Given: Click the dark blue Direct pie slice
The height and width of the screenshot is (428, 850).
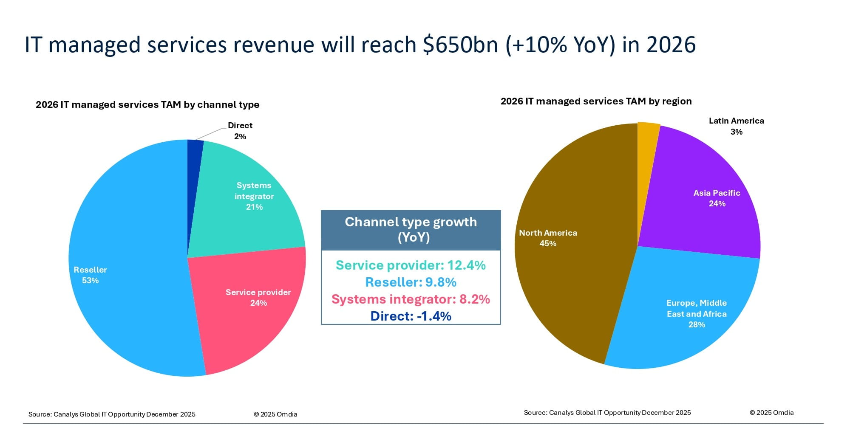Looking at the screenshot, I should [x=194, y=170].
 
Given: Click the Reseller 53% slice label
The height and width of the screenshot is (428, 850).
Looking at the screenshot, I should [x=90, y=275].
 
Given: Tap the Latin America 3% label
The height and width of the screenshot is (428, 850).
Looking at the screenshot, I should [x=736, y=126].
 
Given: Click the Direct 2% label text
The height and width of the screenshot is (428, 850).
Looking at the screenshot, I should [x=240, y=131].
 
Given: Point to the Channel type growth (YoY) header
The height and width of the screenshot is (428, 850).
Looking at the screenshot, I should [x=411, y=229].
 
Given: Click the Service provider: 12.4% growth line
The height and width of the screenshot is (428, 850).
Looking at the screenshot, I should [x=411, y=265].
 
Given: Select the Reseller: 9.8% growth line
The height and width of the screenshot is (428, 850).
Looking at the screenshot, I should [x=411, y=282].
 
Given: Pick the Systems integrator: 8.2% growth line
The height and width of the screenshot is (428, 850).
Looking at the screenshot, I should [x=411, y=299].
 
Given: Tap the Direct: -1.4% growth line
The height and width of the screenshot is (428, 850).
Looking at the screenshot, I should [x=411, y=316].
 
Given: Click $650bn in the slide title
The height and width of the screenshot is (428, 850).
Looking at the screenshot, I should [x=460, y=45].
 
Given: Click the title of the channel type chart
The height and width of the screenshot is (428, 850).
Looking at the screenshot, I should [x=147, y=105].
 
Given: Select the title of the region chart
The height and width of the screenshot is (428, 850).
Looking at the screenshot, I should [x=596, y=101].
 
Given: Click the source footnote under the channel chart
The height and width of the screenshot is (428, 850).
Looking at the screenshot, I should [x=112, y=414].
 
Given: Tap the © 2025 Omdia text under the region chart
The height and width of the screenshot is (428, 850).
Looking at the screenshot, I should [x=771, y=413].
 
